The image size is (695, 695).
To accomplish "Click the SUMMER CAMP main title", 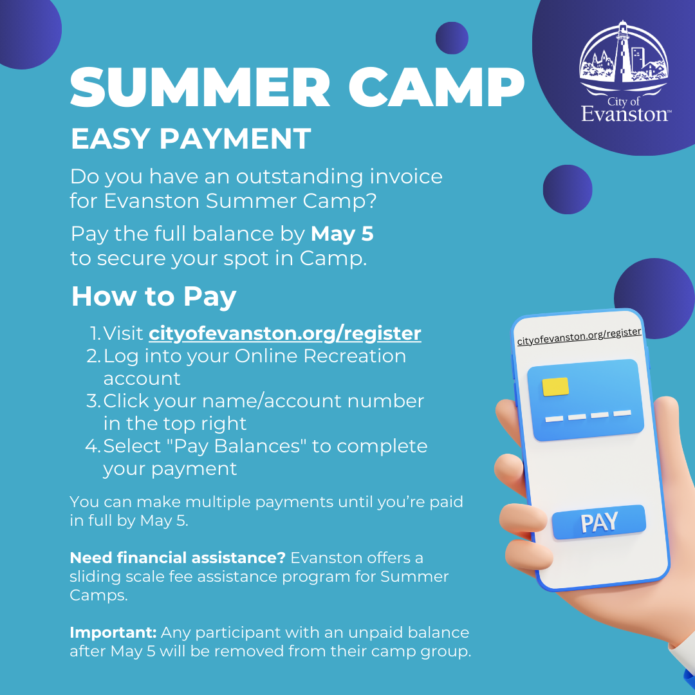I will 296,88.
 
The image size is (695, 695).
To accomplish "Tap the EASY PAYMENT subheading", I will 190,139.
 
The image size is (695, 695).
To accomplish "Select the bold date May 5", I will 342,234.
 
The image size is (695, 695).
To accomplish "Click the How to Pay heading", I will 154,296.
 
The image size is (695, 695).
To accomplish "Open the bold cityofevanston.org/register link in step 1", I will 284,333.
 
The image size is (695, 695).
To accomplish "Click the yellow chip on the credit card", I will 555,386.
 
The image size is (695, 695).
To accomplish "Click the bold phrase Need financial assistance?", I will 178,557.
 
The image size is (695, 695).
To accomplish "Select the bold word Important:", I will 113,633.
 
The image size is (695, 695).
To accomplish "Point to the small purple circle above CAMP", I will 452,38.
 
